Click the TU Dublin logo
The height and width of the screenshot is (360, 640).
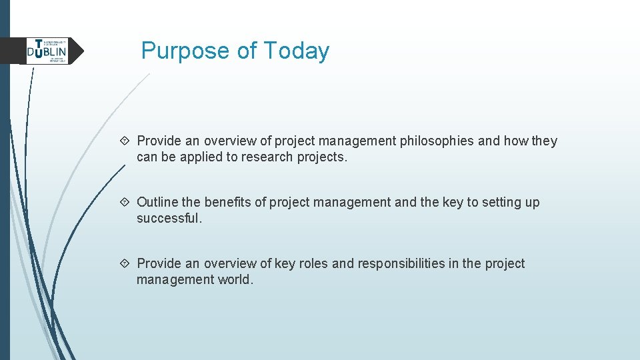coord(47,51)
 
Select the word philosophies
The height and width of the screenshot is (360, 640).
coord(437,141)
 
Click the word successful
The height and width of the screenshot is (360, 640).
coord(168,218)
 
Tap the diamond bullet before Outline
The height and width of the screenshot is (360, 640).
coord(127,202)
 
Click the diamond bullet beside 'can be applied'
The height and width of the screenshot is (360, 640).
coord(127,141)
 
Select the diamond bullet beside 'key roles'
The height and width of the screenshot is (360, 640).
coord(127,263)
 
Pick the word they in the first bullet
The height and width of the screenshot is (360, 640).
coord(545,141)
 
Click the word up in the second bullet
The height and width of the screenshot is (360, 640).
coord(532,202)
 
